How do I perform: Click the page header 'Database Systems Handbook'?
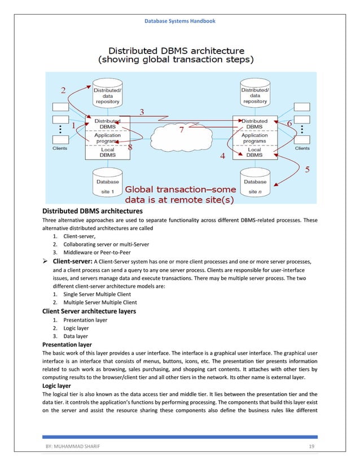coord(179,21)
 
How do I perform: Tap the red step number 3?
coord(142,112)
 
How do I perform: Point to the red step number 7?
coord(182,130)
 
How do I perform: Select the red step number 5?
coord(307,169)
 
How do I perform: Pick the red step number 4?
coord(223,156)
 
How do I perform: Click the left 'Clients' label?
coord(59,148)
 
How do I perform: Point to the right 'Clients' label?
coord(302,148)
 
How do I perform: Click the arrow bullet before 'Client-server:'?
coord(46,262)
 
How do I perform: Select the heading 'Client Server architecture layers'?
coord(89,311)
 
